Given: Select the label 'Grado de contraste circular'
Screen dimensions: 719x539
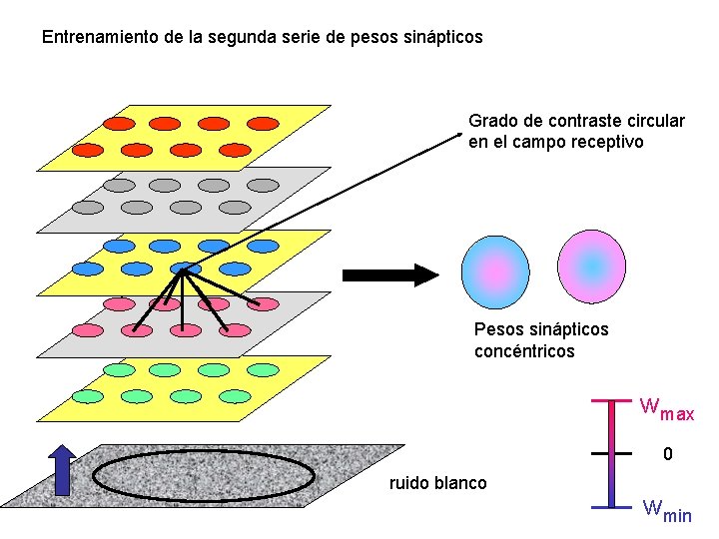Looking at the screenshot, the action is point(576,121).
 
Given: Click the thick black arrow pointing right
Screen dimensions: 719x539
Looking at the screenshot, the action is point(389,274).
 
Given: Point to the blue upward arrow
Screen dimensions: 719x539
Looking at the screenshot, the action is point(63,469).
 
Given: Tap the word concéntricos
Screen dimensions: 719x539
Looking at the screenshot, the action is point(524,351).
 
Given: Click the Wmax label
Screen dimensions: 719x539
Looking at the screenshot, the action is point(666,409).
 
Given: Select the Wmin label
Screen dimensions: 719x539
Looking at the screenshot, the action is point(666,511).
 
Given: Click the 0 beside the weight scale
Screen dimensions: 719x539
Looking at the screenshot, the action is point(668,455).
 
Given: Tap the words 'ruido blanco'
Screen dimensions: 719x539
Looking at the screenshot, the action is point(438,484).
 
